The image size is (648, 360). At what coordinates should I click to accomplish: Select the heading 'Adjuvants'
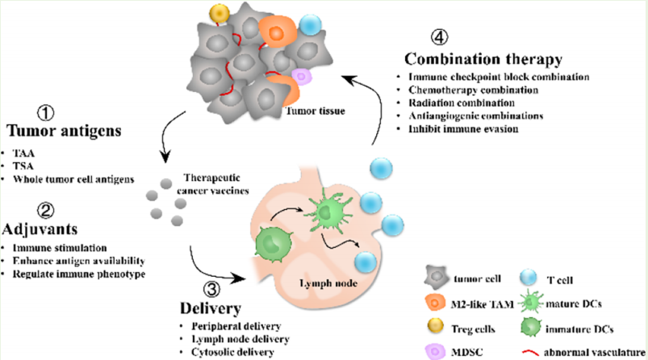point(40,228)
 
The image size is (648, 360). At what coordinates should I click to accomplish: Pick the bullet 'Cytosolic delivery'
point(233,351)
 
